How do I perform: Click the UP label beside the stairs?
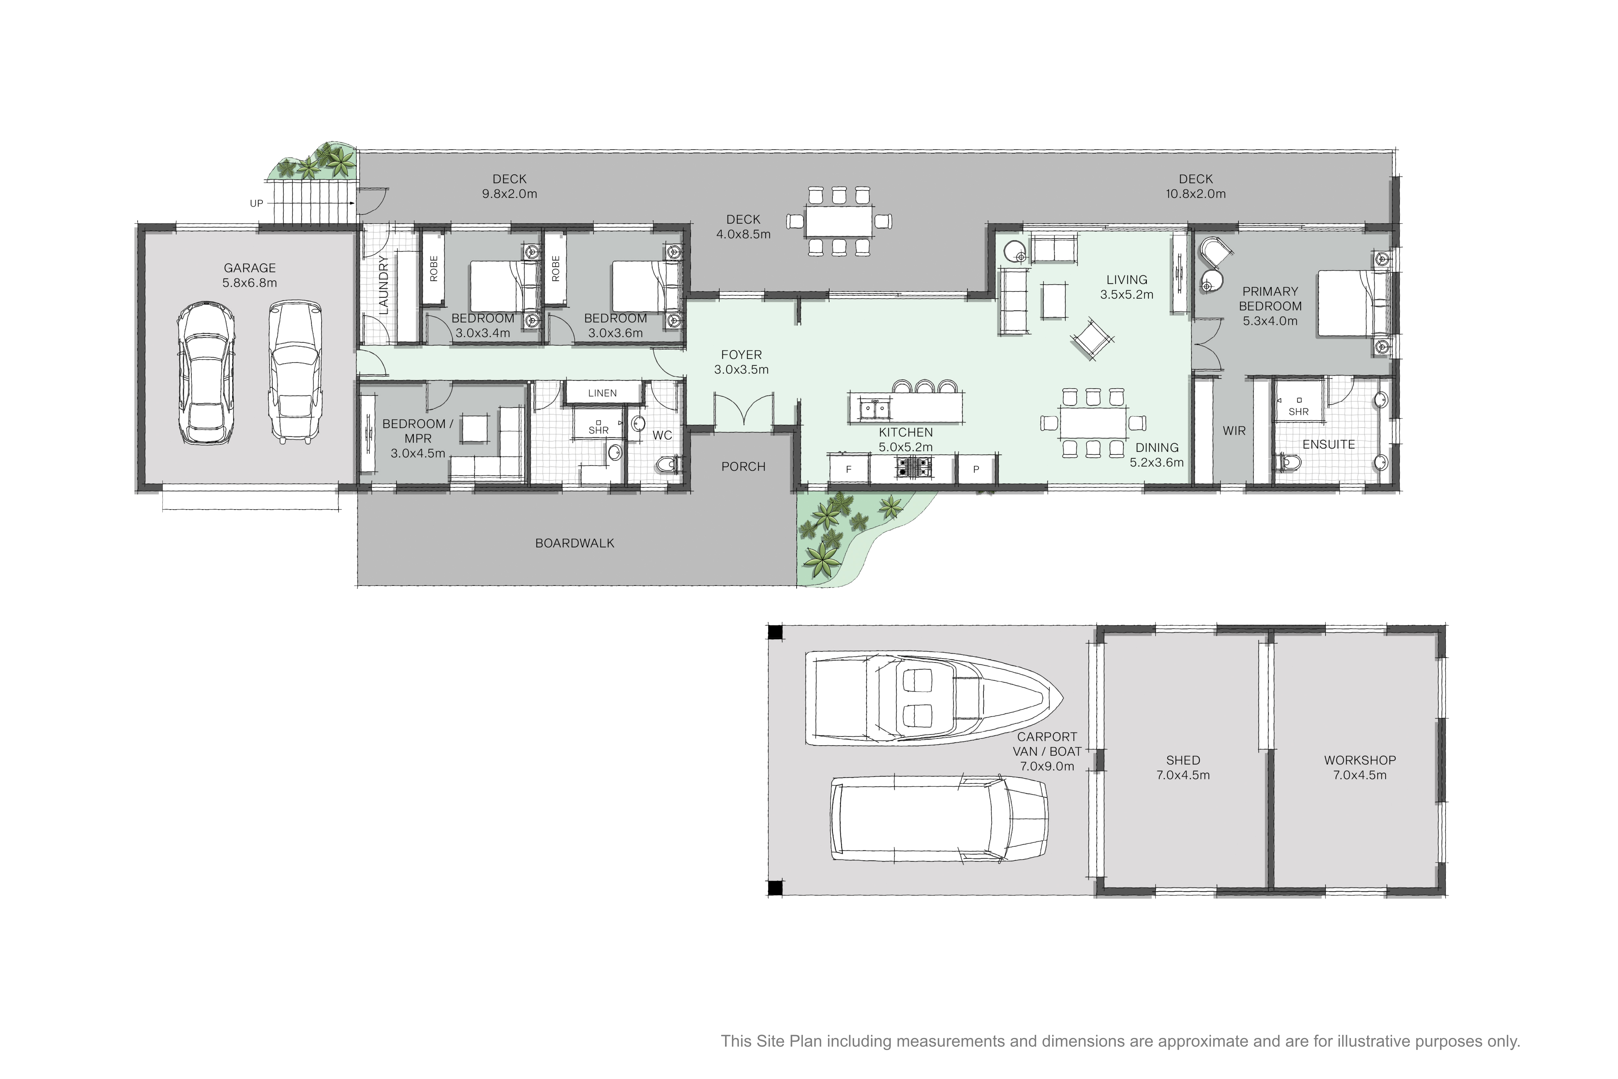[x=256, y=204]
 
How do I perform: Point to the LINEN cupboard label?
[x=602, y=393]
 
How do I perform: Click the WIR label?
[x=1234, y=431]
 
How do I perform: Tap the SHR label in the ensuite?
[x=1298, y=412]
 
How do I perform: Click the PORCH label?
[x=743, y=467]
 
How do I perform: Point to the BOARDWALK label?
[x=575, y=543]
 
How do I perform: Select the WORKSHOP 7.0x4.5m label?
[x=1359, y=767]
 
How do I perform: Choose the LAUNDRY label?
[x=383, y=285]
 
